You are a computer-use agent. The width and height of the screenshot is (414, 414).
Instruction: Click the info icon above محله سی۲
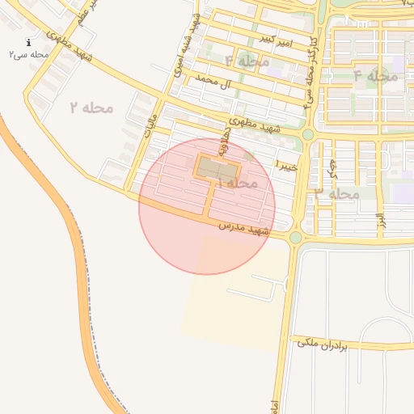coord(29,43)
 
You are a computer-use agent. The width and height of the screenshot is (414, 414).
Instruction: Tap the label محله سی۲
coord(29,54)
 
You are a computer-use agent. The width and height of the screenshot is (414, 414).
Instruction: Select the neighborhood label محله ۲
coord(91,107)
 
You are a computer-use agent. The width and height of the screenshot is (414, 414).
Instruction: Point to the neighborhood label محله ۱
coord(236,184)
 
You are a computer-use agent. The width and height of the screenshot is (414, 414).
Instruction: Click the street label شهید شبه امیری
coord(186,44)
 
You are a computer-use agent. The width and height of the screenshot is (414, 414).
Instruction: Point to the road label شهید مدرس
coord(243,228)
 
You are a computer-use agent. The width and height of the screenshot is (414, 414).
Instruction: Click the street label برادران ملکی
coord(322,343)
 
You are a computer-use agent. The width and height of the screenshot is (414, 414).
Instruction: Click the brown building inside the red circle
coord(217,169)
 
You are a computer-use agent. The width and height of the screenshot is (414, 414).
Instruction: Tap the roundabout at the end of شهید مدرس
coord(296,237)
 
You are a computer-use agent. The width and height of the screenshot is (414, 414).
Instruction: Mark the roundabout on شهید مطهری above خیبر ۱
coord(308,134)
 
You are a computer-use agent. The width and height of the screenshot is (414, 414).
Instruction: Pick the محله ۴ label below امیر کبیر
coord(247,61)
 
